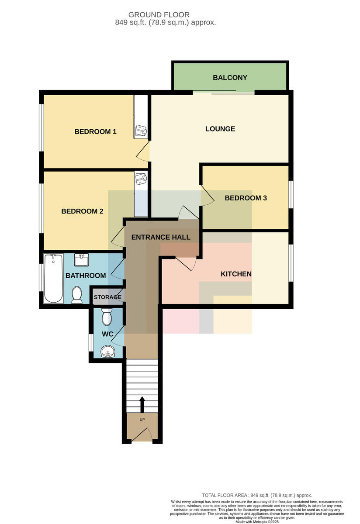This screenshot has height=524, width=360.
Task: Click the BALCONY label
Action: tap(230, 78)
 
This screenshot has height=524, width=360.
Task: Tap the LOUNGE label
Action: tap(220, 129)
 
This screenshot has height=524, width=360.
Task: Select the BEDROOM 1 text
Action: tap(95, 132)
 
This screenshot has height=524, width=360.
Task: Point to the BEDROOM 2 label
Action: tap(82, 211)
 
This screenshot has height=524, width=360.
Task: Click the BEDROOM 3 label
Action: tap(246, 198)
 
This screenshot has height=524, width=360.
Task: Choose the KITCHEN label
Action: tap(236, 274)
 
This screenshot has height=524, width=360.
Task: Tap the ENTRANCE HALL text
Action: tap(161, 237)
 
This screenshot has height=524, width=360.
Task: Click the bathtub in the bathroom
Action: tap(53, 279)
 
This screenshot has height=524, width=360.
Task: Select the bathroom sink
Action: tap(81, 260)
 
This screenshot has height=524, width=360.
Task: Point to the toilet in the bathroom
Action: tap(77, 295)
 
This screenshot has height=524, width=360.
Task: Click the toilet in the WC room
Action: tap(107, 317)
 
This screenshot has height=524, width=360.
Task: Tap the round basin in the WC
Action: tap(108, 352)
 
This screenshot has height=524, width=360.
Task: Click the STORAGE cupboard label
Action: tap(107, 297)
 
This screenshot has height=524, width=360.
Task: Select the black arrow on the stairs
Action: tap(142, 404)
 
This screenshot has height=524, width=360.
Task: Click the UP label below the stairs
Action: tap(142, 420)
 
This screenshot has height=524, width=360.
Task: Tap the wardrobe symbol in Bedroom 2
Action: tap(141, 179)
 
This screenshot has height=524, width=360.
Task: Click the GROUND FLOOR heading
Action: tap(159, 15)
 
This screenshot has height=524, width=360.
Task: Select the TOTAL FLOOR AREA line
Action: tap(257, 495)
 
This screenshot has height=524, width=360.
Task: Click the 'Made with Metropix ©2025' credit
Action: tap(257, 522)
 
